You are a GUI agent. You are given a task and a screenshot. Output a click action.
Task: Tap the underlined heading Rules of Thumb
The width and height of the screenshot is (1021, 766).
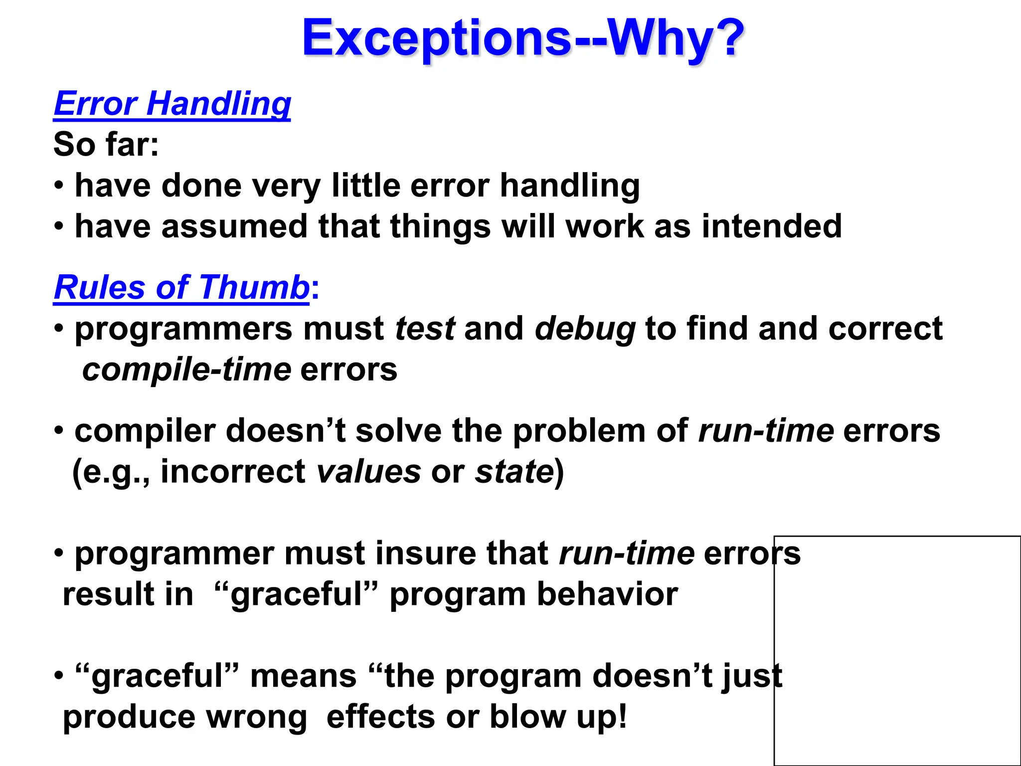[x=181, y=288]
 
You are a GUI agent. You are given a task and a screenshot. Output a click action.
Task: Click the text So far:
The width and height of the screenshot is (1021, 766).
[x=106, y=145]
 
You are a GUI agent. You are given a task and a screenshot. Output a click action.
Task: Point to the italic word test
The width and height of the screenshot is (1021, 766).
[x=425, y=329]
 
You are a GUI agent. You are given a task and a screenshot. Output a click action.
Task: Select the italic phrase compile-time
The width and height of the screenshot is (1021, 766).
[x=186, y=370]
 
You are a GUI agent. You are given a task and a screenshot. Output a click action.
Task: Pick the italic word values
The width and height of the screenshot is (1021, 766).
[x=368, y=472]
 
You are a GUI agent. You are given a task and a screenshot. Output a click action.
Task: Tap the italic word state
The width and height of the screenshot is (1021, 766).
[x=514, y=472]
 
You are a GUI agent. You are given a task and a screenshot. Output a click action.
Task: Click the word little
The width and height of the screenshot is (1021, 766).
[x=366, y=186]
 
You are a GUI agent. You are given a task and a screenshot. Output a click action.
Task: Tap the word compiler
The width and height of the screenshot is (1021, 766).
[x=145, y=431]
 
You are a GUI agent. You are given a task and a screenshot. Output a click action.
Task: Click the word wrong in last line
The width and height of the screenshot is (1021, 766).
[x=257, y=717]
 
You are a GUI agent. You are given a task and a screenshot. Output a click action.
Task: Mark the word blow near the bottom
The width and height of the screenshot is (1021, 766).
[x=528, y=717]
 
